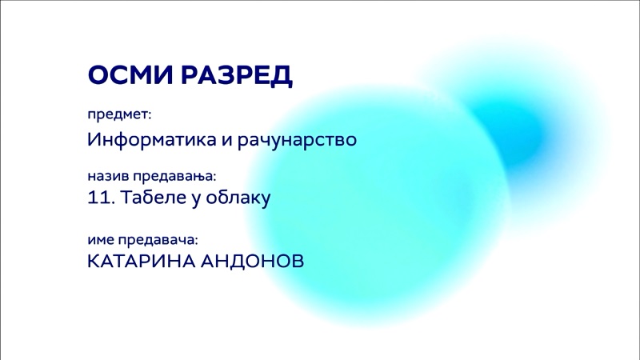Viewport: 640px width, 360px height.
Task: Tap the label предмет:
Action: pos(119,114)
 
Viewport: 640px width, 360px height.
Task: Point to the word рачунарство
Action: pos(297,140)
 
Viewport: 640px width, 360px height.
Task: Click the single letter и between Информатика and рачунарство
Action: pos(227,141)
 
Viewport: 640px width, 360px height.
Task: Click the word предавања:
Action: pos(174,177)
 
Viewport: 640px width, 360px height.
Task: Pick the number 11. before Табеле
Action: pos(102,198)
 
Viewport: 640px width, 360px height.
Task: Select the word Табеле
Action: pos(154,198)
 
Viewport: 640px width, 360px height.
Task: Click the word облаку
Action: pos(238,198)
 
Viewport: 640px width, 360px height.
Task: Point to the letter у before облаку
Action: pos(196,200)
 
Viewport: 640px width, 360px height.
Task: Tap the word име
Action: pos(101,240)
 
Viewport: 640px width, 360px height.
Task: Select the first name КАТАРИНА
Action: pos(142,262)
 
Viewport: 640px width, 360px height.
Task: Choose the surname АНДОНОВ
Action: pos(252,262)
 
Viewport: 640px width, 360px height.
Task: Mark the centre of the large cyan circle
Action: pos(378,208)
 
